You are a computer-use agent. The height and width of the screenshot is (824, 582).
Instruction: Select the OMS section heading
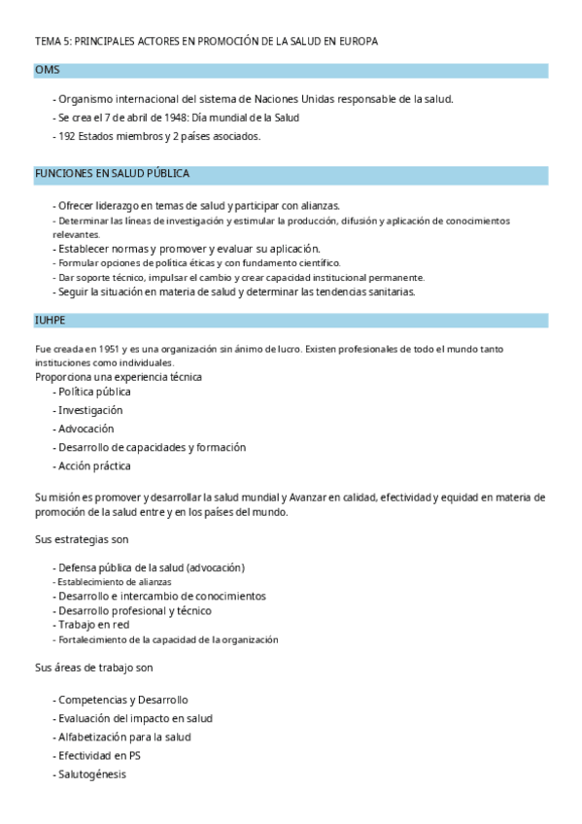pos(48,70)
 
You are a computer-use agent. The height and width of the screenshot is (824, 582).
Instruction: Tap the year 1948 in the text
pos(163,118)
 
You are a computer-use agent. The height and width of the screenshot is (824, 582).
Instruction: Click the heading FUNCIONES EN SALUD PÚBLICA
pos(112,174)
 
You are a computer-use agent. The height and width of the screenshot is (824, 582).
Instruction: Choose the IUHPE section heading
pos(51,320)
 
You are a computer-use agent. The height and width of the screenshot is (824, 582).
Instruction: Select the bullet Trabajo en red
pos(95,626)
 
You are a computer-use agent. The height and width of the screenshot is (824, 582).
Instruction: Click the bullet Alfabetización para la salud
pos(124,737)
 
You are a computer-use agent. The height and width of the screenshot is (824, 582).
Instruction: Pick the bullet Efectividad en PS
pos(99,755)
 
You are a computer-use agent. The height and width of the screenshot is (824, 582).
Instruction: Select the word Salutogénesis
pos(91,774)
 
